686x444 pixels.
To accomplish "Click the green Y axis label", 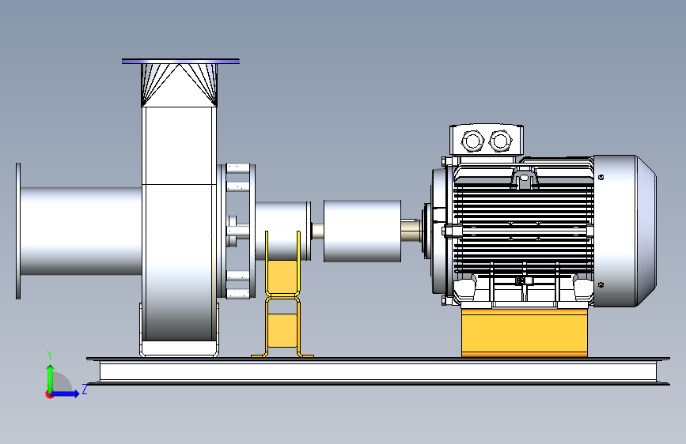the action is pyautogui.click(x=50, y=356).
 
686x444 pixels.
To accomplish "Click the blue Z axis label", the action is pyautogui.click(x=85, y=389).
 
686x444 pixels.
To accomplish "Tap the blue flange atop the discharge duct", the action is pyautogui.click(x=180, y=61).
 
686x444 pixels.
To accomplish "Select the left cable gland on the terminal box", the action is pyautogui.click(x=472, y=141).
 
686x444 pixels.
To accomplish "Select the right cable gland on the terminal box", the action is pyautogui.click(x=500, y=141).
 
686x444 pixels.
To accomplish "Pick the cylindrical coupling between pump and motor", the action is pyautogui.click(x=362, y=231).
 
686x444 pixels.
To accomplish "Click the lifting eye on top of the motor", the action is pyautogui.click(x=524, y=179).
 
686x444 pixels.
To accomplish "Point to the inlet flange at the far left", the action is pyautogui.click(x=18, y=231).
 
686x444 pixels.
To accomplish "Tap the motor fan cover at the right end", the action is pyautogui.click(x=624, y=231).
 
